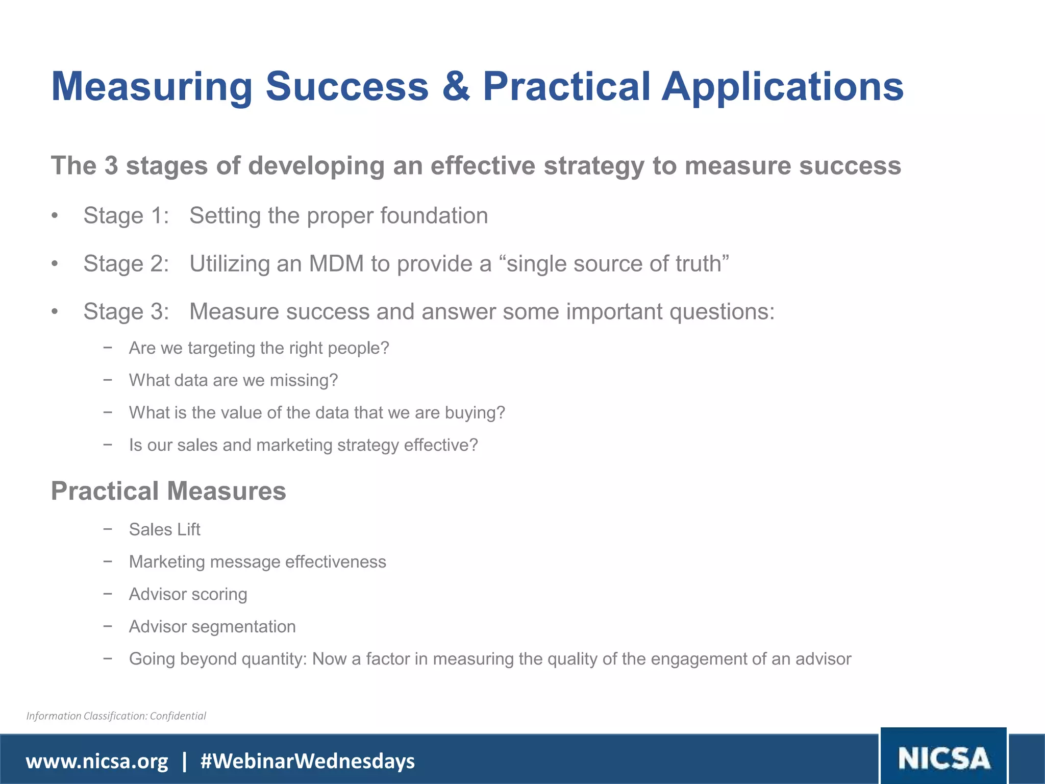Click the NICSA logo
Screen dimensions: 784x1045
click(x=943, y=757)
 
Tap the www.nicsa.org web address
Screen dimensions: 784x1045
click(x=97, y=761)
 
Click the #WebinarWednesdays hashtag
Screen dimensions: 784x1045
click(x=308, y=761)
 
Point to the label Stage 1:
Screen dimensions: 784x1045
click(x=126, y=215)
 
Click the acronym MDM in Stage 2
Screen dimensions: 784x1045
click(x=336, y=264)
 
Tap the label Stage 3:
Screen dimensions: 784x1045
click(x=126, y=312)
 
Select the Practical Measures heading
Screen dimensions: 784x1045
click(x=168, y=491)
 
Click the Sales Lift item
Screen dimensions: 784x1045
click(x=164, y=529)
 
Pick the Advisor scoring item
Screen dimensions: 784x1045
click(x=188, y=594)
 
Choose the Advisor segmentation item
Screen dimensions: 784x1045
click(x=212, y=626)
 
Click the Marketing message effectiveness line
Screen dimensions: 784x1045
click(x=257, y=561)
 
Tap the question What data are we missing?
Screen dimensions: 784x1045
click(x=233, y=380)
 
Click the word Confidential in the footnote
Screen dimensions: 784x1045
click(x=178, y=716)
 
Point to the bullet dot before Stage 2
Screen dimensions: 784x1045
click(x=55, y=264)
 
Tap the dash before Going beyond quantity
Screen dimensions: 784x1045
click(x=107, y=658)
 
